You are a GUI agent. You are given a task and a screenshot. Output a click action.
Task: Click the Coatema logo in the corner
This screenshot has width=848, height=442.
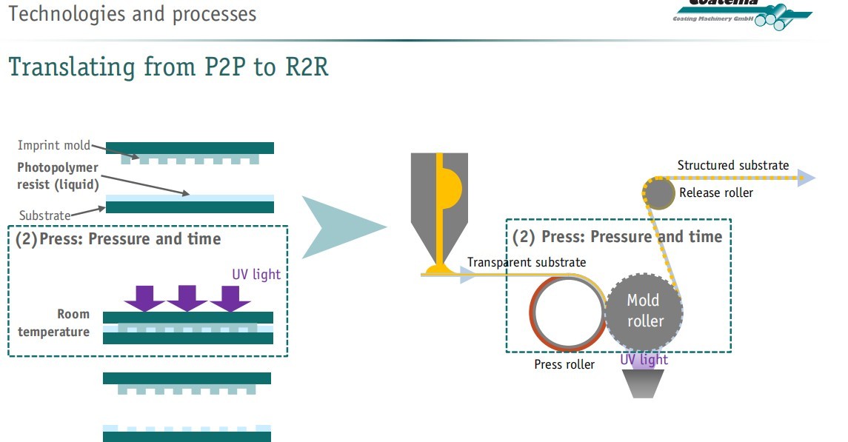coord(741,13)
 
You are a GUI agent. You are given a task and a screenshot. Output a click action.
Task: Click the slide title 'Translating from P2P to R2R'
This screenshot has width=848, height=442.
coord(168,67)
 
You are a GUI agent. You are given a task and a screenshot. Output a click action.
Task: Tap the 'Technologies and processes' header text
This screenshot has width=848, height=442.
coord(133,13)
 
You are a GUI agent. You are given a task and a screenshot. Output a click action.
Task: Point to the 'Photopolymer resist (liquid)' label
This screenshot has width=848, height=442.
coord(58,176)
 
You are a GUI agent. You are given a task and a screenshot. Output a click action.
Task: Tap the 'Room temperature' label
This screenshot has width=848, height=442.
coord(54,324)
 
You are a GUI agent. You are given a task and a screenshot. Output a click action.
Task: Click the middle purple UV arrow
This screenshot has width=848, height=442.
coord(188,298)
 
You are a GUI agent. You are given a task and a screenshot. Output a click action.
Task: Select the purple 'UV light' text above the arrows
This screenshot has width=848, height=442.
coord(256,274)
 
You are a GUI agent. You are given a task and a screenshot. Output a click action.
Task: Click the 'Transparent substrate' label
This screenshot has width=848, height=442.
coord(527,262)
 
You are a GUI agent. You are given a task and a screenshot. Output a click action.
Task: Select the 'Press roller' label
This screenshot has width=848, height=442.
coord(564,364)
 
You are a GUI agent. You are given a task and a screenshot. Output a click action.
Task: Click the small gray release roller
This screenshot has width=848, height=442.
coord(658,193)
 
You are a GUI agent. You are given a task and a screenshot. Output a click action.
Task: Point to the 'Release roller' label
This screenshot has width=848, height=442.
coord(716,193)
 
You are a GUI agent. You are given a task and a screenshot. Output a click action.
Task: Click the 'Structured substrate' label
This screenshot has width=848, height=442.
coord(733,165)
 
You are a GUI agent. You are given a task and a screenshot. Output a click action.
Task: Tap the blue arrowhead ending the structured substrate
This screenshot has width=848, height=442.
coord(807,178)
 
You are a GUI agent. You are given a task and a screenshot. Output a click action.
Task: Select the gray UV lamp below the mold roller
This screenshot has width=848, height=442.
coord(644,381)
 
